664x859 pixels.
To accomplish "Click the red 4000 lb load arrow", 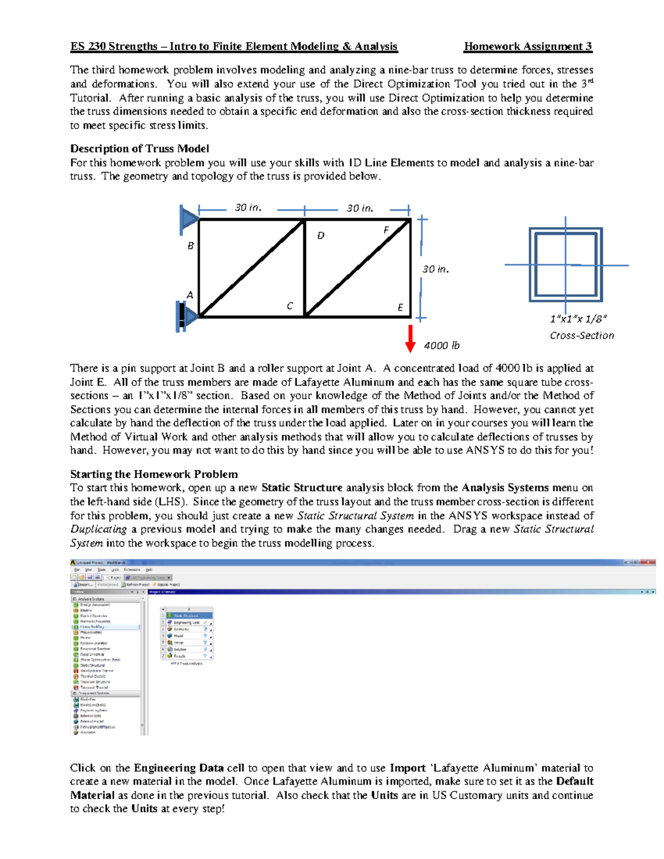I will click(x=410, y=338).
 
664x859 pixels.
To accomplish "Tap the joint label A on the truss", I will click(x=190, y=295).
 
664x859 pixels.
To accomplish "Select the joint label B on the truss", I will click(x=190, y=246).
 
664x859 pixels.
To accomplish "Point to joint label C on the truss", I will click(x=289, y=306).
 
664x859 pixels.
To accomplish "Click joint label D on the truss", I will click(x=320, y=236).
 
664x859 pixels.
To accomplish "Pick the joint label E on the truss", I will click(x=400, y=308).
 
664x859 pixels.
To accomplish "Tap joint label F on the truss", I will click(x=386, y=230).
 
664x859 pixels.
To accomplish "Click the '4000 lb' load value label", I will click(x=442, y=346).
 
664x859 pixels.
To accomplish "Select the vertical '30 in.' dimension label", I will click(x=435, y=269).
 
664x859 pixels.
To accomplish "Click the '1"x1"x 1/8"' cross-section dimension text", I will click(x=578, y=319).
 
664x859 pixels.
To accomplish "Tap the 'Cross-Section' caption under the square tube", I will click(x=582, y=336).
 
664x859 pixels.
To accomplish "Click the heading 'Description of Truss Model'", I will click(x=139, y=149).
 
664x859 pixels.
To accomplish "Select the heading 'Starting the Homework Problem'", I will click(x=154, y=474).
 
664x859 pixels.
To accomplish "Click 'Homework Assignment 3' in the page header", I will click(x=528, y=46).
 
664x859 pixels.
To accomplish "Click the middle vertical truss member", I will click(x=305, y=268).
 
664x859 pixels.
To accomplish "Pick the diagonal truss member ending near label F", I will click(x=357, y=268).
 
